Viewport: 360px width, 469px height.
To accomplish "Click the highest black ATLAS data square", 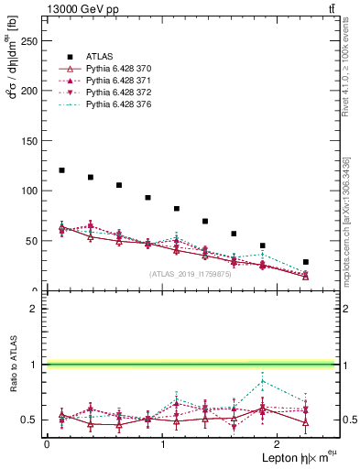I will pos(61,170).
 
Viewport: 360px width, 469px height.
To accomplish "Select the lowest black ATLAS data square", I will pos(306,262).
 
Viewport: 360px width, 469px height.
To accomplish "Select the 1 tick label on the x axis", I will pos(162,444).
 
